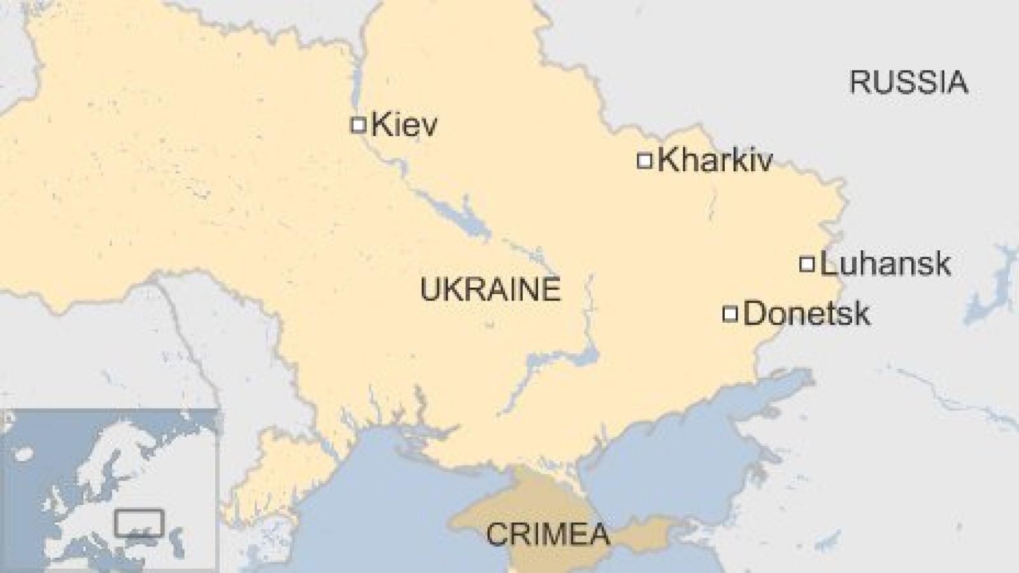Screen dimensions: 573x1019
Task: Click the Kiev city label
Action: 404,124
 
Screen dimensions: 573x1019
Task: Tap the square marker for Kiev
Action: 358,124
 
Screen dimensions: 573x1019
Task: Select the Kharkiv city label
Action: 715,160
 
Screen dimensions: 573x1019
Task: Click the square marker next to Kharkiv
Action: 645,160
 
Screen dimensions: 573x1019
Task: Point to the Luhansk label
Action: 885,264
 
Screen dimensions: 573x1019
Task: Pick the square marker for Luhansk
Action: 807,264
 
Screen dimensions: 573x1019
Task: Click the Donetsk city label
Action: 806,314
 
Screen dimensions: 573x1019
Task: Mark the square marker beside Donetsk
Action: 730,313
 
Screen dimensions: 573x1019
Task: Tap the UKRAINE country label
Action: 490,290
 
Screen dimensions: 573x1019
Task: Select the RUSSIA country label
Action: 908,83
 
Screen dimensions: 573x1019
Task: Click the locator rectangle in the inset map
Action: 139,523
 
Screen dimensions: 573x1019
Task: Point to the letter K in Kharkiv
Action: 667,160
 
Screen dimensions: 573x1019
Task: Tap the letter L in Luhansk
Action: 829,264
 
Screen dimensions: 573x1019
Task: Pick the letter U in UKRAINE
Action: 429,290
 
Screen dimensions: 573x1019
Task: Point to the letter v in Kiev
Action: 428,126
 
